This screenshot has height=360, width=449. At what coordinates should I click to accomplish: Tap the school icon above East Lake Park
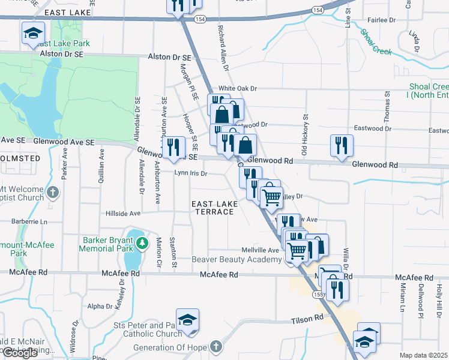click(x=34, y=34)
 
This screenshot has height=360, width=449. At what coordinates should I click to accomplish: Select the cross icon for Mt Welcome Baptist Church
click(x=53, y=193)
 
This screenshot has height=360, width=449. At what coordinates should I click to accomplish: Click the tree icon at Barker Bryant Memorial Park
click(x=142, y=243)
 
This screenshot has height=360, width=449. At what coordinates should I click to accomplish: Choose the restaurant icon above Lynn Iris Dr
click(x=173, y=147)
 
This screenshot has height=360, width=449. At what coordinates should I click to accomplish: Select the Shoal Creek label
click(x=376, y=40)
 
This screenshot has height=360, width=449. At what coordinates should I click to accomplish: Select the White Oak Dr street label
click(x=238, y=88)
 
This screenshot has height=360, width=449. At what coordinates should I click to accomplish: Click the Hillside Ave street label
click(x=122, y=213)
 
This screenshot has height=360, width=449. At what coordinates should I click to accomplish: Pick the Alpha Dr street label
click(x=100, y=306)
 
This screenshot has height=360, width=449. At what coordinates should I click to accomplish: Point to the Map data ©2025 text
click(x=423, y=355)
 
